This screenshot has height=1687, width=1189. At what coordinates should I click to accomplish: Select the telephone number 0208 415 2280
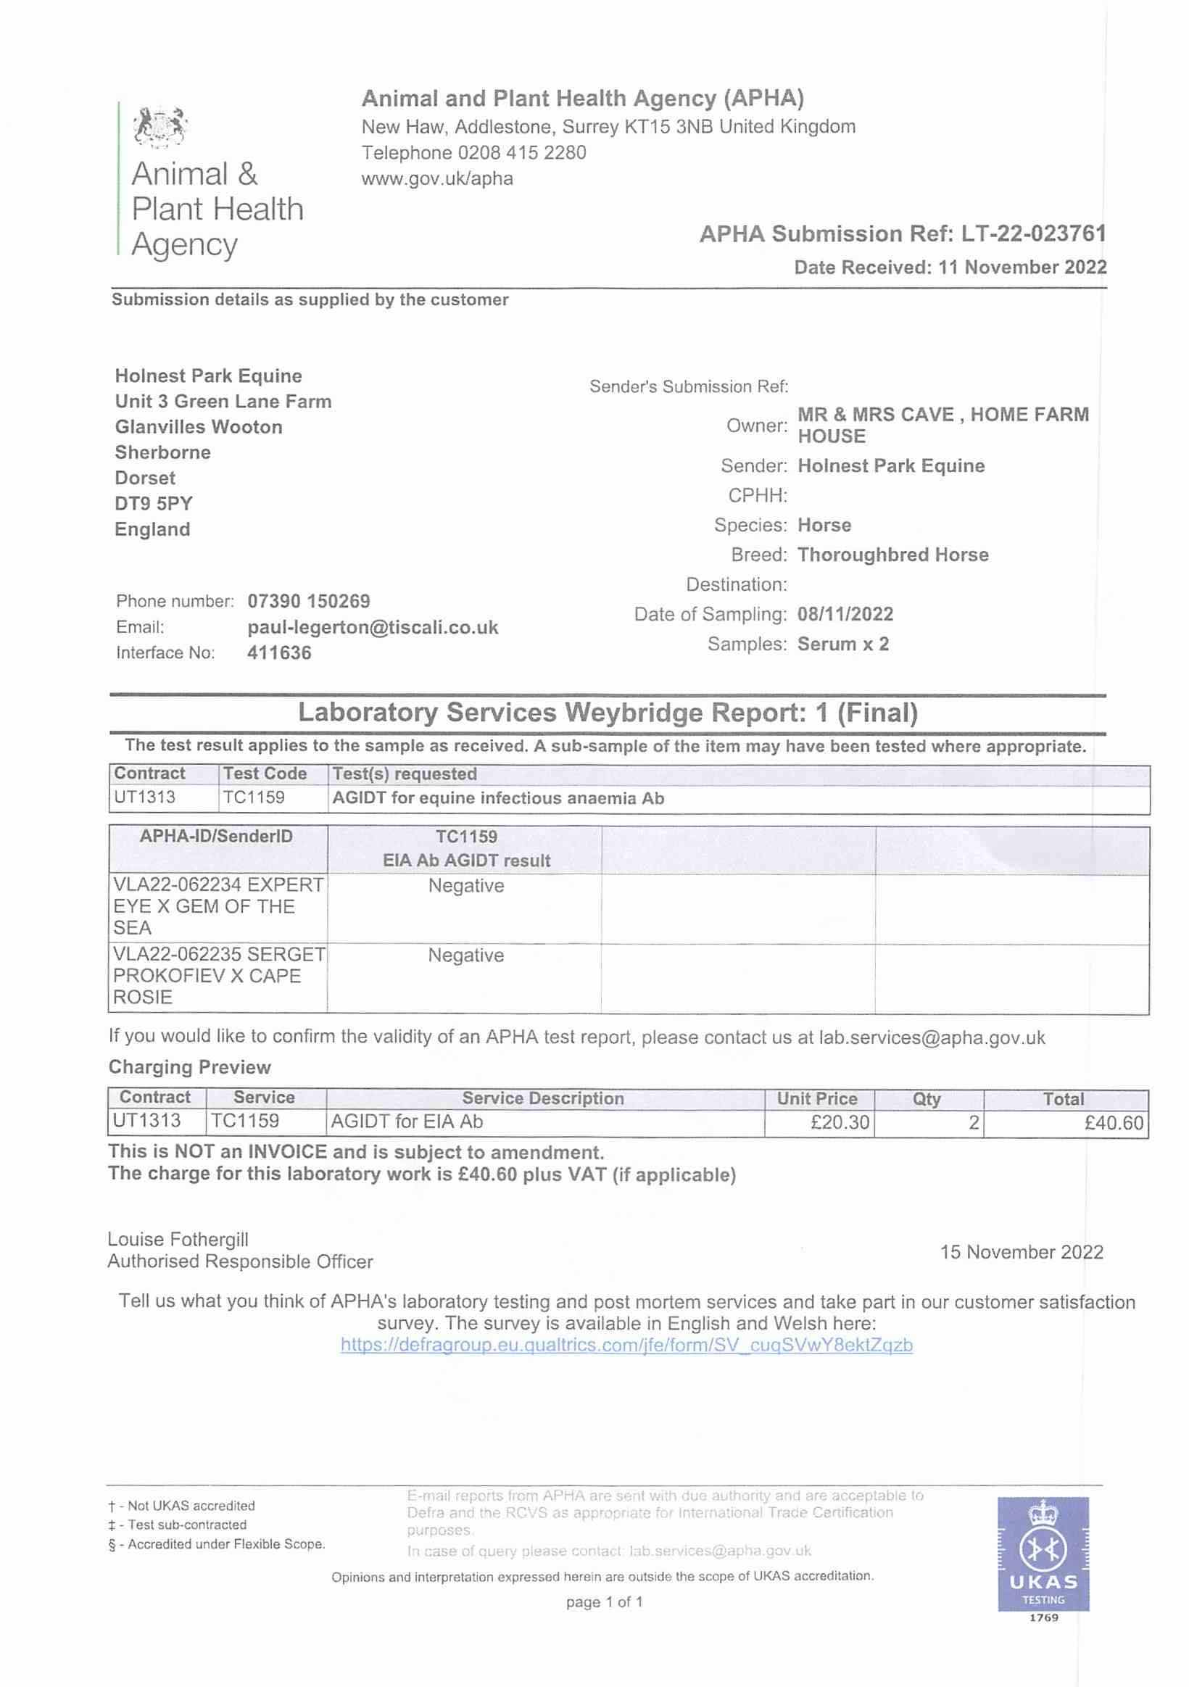[x=522, y=153]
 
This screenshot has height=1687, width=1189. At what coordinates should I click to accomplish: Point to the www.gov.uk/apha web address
[x=437, y=178]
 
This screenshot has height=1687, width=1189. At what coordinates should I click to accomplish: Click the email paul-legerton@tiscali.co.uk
[x=373, y=628]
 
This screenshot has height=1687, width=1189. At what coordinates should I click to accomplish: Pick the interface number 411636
[x=279, y=652]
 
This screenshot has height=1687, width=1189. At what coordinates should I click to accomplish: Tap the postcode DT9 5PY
[x=154, y=503]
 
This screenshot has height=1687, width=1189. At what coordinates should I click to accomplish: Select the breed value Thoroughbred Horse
[x=893, y=555]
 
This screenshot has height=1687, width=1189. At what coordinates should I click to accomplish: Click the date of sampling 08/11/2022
[x=845, y=614]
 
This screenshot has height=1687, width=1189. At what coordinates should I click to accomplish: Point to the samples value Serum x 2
[x=843, y=644]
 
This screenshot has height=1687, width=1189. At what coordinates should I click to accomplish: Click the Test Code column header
[x=265, y=774]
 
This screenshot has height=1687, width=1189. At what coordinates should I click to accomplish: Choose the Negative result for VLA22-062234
[x=466, y=885]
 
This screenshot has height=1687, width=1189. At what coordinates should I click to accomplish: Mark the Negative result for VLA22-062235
[x=466, y=956]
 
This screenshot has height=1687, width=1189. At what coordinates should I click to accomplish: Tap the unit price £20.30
[x=840, y=1122]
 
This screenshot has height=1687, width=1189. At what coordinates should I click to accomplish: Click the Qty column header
[x=927, y=1098]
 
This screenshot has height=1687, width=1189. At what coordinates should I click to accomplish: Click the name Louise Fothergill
[x=178, y=1239]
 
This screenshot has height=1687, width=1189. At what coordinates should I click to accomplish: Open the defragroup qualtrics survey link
[x=626, y=1345]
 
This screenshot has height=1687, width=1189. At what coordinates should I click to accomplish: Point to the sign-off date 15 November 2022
[x=1022, y=1251]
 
